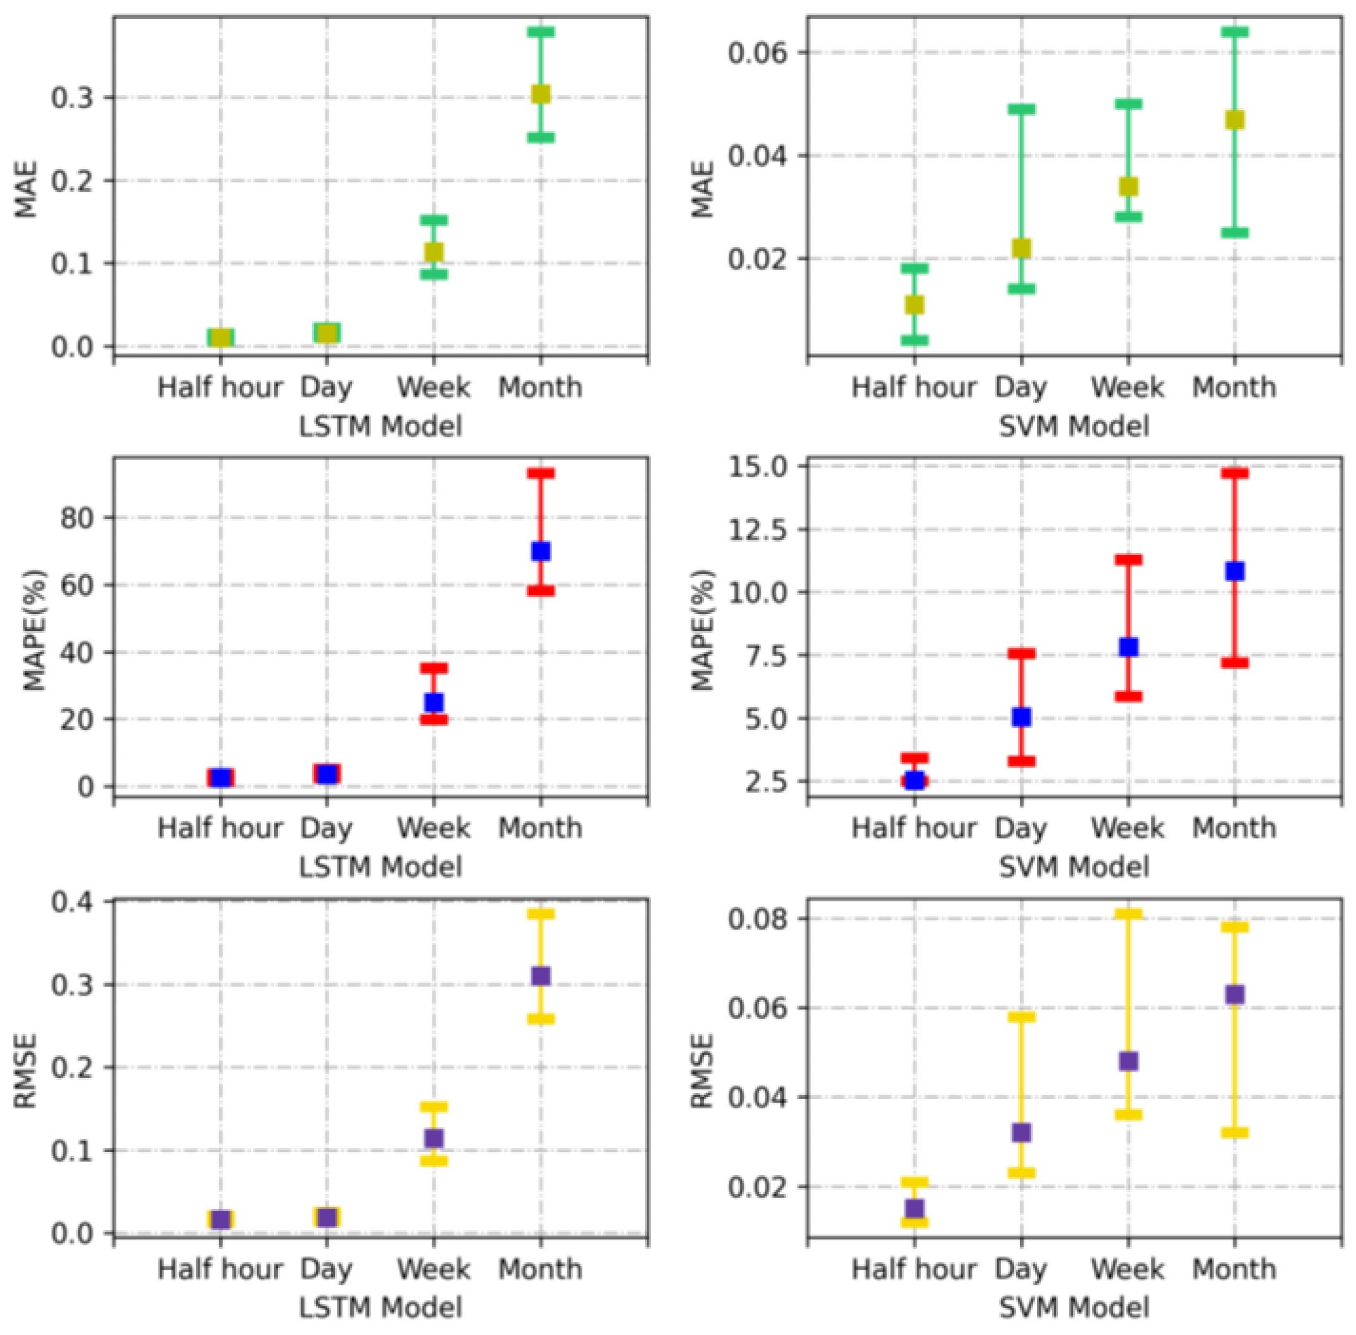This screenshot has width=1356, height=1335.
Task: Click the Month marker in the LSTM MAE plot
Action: click(541, 94)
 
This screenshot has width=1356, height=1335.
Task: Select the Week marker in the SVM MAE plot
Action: click(1128, 187)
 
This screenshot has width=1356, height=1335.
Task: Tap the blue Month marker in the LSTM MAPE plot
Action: click(541, 551)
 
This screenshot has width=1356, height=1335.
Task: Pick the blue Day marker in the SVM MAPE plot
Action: click(1022, 717)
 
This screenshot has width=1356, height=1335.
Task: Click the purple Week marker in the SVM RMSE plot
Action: click(1128, 1061)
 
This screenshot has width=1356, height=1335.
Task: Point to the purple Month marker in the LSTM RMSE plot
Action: click(541, 976)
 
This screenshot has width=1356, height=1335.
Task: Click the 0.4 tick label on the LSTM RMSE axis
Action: click(73, 901)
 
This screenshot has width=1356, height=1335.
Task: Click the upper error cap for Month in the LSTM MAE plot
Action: click(541, 32)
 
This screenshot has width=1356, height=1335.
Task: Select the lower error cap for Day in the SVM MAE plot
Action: click(1022, 288)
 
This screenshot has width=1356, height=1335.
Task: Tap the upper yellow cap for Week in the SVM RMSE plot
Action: click(1128, 914)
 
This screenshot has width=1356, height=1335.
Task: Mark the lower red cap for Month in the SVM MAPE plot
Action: click(1234, 663)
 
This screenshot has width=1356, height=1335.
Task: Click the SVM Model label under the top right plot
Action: click(1074, 426)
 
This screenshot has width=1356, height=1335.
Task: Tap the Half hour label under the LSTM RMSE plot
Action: click(220, 1269)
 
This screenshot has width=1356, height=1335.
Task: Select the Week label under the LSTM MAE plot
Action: click(433, 387)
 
